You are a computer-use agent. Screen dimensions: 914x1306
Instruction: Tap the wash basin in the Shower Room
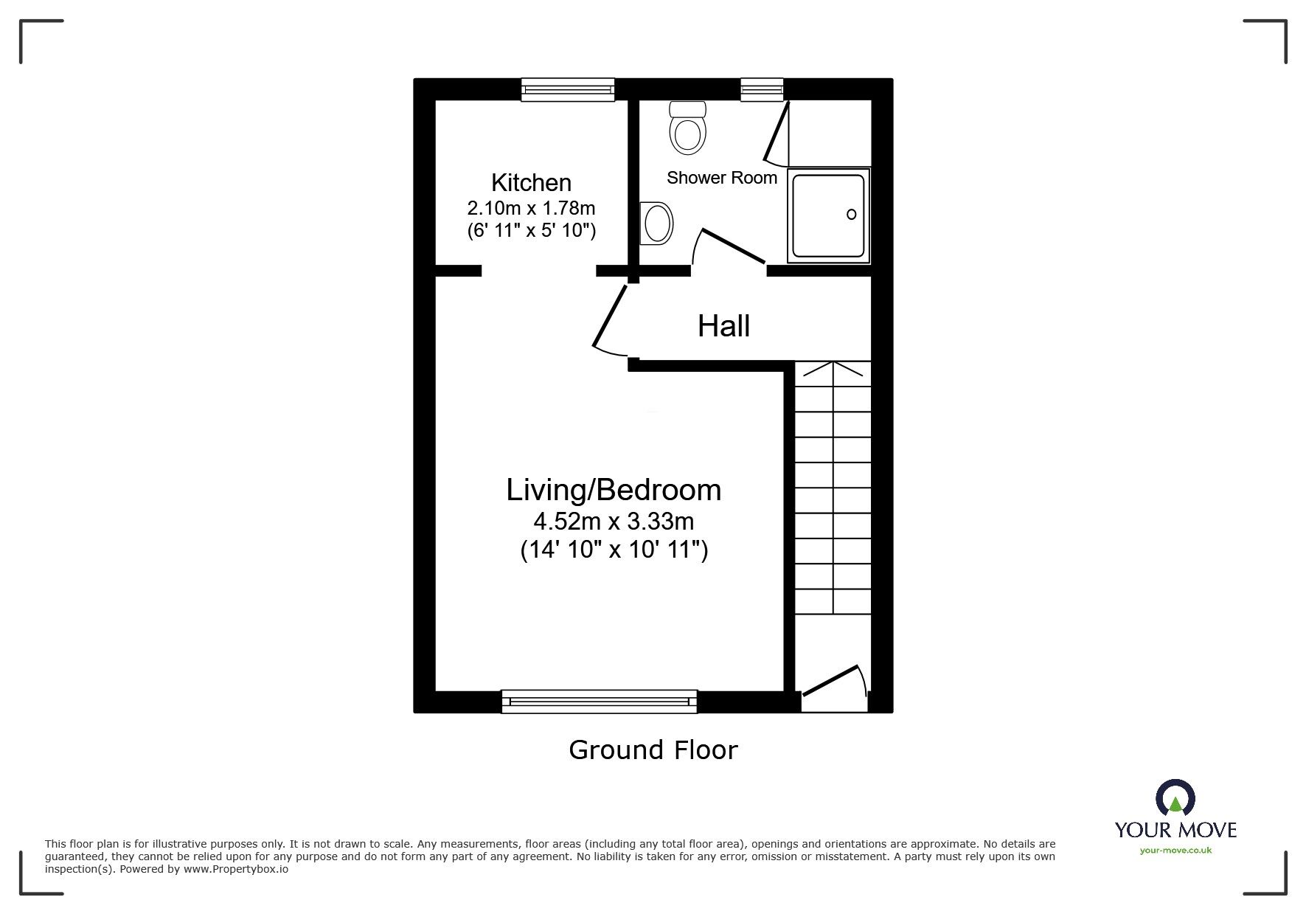click(656, 223)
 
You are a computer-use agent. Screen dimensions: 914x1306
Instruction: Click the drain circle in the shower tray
click(851, 214)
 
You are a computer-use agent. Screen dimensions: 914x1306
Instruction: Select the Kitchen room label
click(531, 182)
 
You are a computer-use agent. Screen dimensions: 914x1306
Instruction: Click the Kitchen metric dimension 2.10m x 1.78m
click(531, 207)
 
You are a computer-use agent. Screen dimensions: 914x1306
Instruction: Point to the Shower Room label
click(721, 178)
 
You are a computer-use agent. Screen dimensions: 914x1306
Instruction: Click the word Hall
click(723, 325)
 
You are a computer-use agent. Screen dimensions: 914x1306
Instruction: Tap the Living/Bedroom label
click(613, 490)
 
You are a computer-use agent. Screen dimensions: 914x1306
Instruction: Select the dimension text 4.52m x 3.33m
click(613, 522)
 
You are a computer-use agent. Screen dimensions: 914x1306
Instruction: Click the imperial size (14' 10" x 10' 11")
click(614, 550)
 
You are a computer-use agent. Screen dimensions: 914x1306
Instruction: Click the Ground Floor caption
click(653, 749)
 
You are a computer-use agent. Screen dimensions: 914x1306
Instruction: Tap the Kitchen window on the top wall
click(567, 90)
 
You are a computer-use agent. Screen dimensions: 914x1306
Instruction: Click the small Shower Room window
click(762, 90)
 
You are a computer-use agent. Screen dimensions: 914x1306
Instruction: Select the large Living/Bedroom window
click(599, 701)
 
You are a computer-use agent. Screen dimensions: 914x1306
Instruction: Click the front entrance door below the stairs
click(833, 682)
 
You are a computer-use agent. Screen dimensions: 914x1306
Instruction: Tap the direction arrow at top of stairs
click(833, 368)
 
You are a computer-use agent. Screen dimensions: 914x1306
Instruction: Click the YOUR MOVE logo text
click(1175, 829)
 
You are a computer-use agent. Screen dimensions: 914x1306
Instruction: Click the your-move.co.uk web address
click(1175, 851)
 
